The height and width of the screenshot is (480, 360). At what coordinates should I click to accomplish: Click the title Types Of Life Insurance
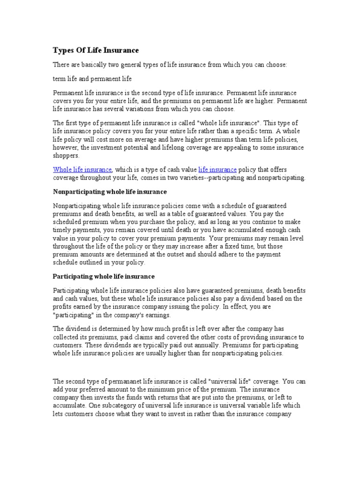(96, 50)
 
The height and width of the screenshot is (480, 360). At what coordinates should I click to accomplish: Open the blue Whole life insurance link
(82, 169)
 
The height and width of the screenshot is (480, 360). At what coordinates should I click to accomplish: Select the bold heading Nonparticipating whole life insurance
(110, 192)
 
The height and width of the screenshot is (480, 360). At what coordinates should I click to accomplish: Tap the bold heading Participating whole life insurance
(104, 277)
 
